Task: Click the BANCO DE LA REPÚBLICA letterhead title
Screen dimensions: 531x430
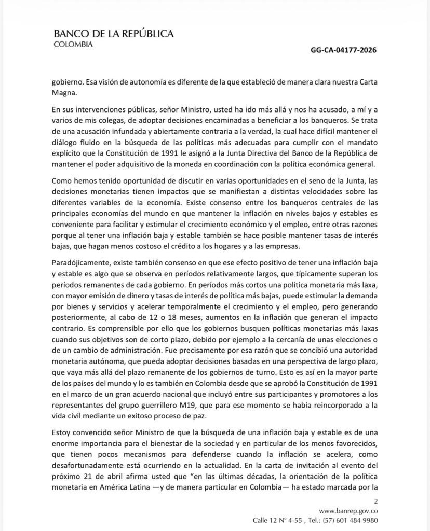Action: pos(114,34)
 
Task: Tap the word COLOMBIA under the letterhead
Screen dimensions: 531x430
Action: pos(73,44)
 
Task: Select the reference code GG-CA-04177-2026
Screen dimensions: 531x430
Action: pos(343,50)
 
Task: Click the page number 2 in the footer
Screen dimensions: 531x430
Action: pos(375,501)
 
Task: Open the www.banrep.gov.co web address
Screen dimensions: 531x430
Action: pos(348,510)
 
